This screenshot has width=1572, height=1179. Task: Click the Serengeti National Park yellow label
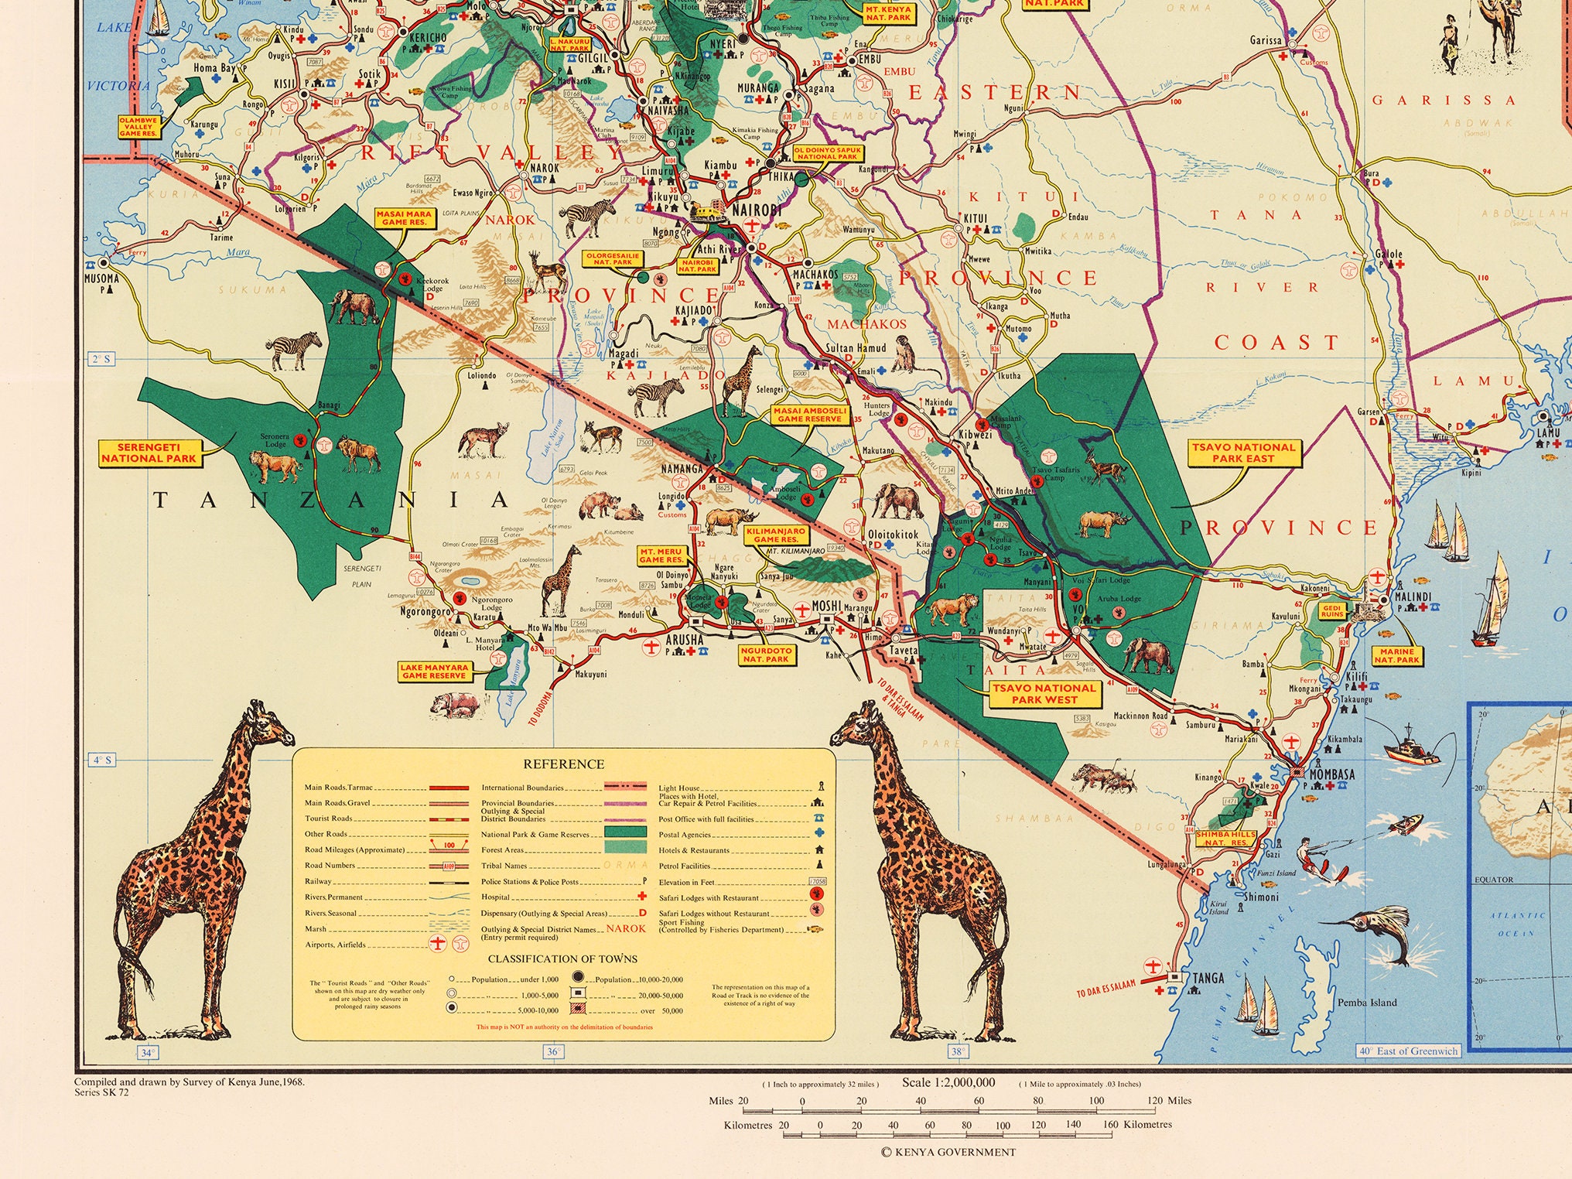149,453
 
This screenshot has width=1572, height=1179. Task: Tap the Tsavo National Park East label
1242,453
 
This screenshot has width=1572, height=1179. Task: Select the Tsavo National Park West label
1044,693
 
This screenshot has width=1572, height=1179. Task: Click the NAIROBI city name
756,210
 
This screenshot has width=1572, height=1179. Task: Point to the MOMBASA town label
1331,774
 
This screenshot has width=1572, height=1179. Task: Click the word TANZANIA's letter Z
309,501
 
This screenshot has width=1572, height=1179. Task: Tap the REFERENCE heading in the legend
563,764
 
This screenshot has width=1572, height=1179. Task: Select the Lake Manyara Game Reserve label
434,671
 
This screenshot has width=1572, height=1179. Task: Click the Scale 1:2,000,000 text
948,1082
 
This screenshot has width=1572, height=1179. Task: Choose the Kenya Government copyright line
948,1152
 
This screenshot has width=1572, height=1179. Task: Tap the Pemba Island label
1367,1003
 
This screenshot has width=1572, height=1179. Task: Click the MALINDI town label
1413,597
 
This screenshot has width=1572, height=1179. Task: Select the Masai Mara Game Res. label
404,218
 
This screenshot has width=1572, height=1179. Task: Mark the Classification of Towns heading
562,959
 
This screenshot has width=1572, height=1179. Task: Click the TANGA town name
1208,978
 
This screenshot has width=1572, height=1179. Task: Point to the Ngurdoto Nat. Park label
766,655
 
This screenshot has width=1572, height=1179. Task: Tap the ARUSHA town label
685,640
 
